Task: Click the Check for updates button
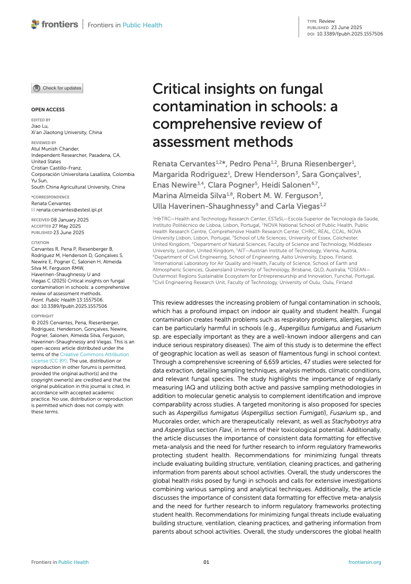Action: click(57, 89)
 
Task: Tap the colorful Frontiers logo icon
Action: click(35, 24)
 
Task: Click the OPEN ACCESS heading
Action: click(48, 110)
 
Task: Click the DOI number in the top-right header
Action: click(350, 33)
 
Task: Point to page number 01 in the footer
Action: click(207, 562)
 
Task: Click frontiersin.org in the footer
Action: click(364, 562)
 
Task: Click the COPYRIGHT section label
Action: click(42, 315)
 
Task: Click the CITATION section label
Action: click(40, 243)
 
